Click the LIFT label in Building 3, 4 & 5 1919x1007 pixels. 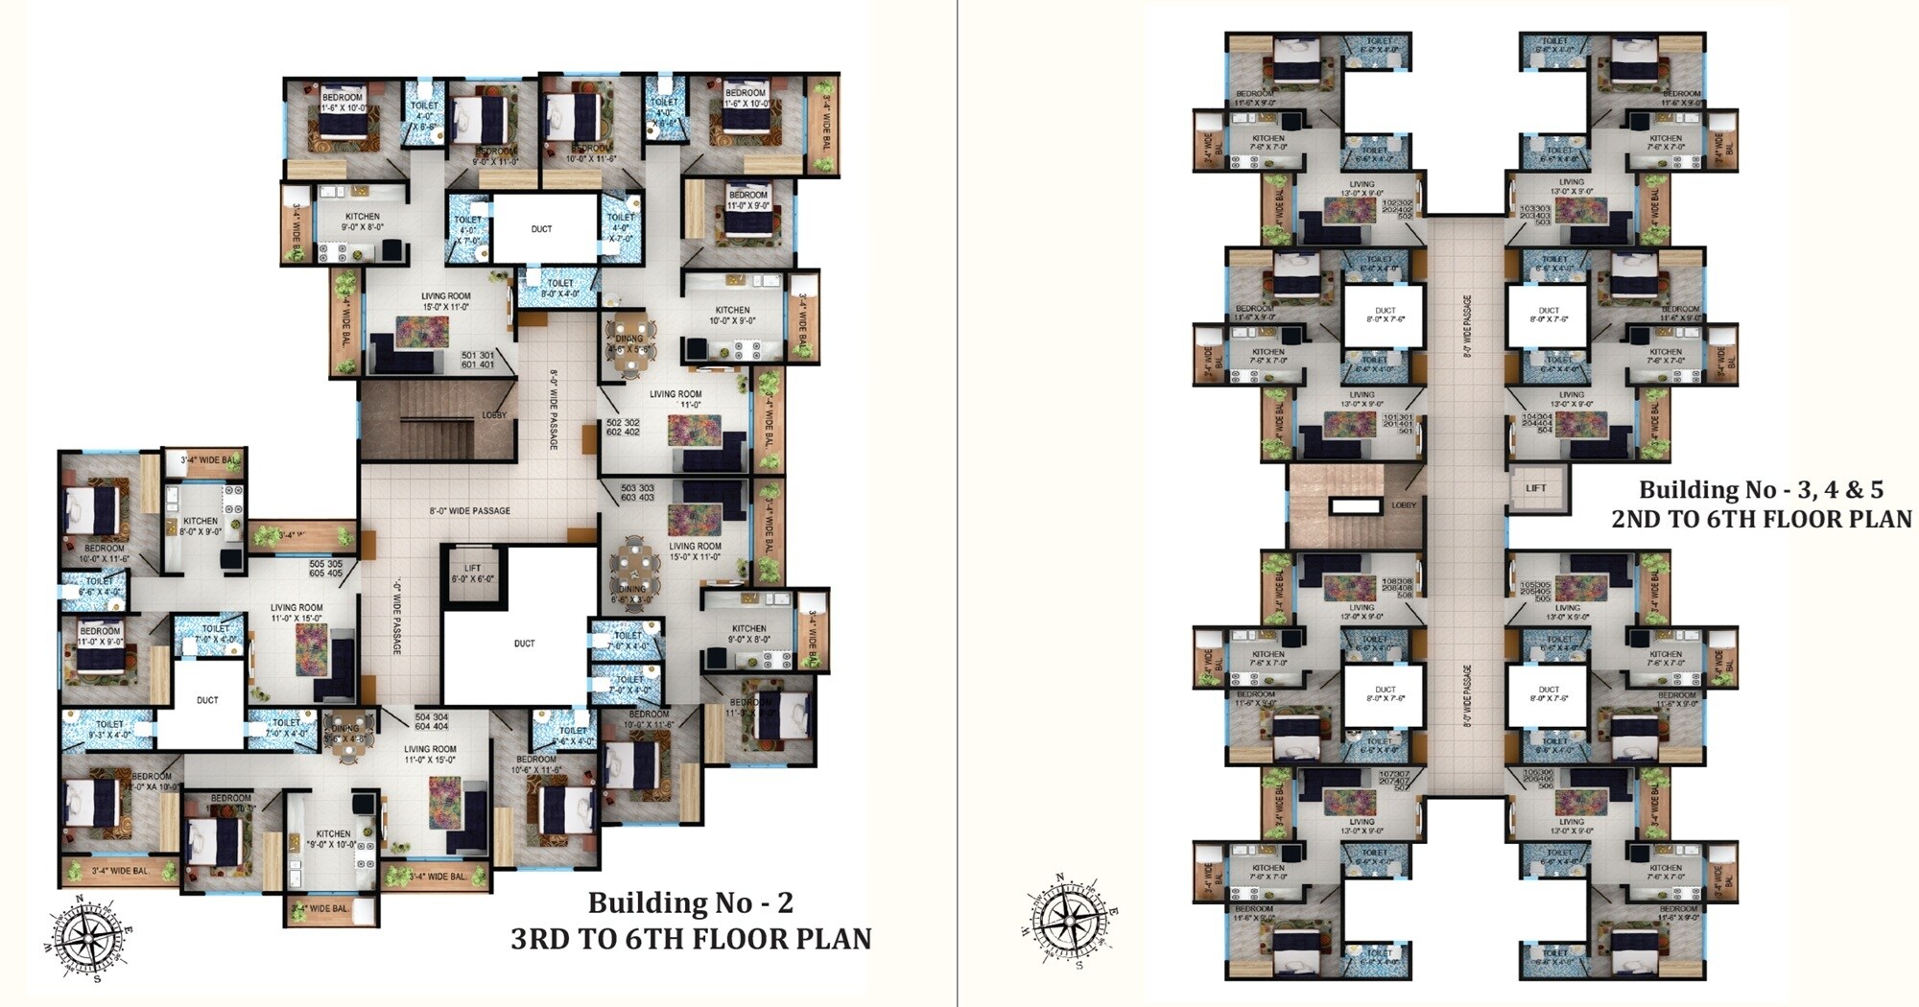pos(1536,488)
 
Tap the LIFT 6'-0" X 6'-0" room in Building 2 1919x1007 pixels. pos(472,574)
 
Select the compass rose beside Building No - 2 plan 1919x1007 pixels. pos(89,939)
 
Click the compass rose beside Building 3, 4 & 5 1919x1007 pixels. pos(1068,920)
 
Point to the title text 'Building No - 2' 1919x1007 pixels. pos(690,902)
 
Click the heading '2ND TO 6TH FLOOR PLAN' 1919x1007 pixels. pos(1761,519)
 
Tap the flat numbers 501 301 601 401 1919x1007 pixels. pos(478,360)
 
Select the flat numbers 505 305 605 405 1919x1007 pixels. pos(326,569)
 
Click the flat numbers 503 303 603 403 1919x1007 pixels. pos(637,492)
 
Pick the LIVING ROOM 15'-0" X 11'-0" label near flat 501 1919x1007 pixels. pos(445,301)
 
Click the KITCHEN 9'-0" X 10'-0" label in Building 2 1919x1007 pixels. pos(333,839)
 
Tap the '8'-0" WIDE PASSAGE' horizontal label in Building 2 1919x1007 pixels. pos(469,511)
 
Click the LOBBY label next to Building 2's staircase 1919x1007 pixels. pos(494,415)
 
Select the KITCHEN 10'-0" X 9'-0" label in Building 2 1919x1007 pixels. pos(732,315)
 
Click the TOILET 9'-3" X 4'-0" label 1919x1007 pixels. pos(109,730)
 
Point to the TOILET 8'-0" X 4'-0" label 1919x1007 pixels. pos(560,288)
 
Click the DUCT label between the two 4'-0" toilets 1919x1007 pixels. pos(541,229)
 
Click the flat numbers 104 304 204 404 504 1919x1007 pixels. pos(1536,423)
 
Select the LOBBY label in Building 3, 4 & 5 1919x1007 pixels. pos(1404,505)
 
